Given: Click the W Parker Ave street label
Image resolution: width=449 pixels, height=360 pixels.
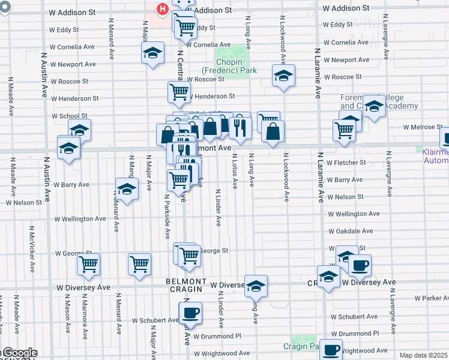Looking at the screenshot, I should click(432, 298).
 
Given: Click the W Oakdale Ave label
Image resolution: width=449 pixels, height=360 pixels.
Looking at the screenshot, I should click(351, 231).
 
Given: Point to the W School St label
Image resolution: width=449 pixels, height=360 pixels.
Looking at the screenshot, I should click(70, 116).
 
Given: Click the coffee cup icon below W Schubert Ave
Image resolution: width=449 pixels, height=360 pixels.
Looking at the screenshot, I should click(190, 313).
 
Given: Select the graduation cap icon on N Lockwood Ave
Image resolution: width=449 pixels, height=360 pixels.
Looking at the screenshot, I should click(283, 76).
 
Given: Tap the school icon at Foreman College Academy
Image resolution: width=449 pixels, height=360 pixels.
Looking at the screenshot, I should click(374, 106).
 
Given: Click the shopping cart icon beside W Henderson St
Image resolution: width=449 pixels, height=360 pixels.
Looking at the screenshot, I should click(179, 92).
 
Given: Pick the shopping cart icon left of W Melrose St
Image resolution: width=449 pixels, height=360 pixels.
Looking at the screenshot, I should click(345, 129).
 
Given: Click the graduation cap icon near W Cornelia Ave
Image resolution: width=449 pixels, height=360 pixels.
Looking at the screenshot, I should click(153, 53).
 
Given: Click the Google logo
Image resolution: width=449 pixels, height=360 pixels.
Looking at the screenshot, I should click(19, 353).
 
